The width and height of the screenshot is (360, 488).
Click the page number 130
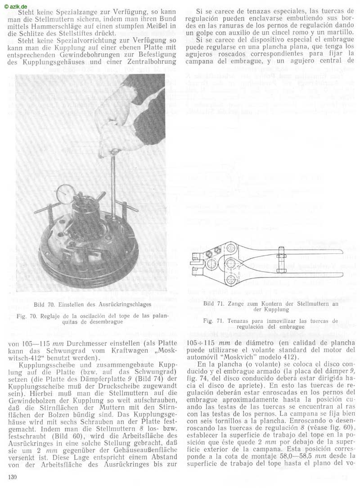click(12, 477)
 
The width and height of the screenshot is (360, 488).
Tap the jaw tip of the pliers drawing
click(195, 258)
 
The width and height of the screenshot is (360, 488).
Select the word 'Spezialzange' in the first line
click(76, 10)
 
